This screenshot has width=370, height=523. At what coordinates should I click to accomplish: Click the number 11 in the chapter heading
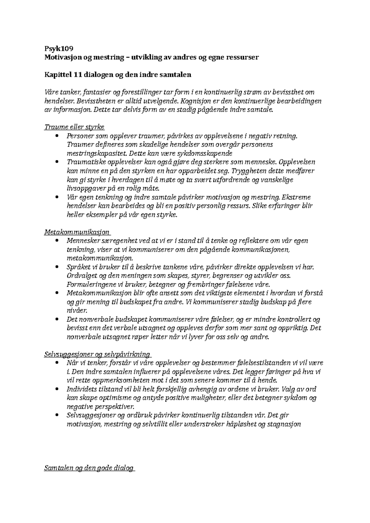[x=77, y=75]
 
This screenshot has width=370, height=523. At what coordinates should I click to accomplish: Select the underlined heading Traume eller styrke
[x=74, y=127]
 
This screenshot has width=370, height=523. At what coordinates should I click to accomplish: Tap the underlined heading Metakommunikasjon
[x=77, y=232]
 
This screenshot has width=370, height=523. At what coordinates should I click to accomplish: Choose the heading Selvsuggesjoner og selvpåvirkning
[x=97, y=354]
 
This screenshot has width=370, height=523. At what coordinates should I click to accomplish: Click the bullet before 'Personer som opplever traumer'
[x=56, y=136]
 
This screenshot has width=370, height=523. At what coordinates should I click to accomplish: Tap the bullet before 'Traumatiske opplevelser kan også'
[x=56, y=162]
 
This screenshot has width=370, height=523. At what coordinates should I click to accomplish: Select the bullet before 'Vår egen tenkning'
[x=56, y=197]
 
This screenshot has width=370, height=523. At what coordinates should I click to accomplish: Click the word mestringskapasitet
[x=97, y=153]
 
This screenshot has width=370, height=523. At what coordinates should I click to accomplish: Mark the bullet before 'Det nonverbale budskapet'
[x=56, y=319]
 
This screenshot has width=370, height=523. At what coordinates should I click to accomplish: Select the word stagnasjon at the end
[x=283, y=424]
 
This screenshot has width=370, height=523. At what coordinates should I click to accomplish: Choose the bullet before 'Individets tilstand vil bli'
[x=56, y=389]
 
